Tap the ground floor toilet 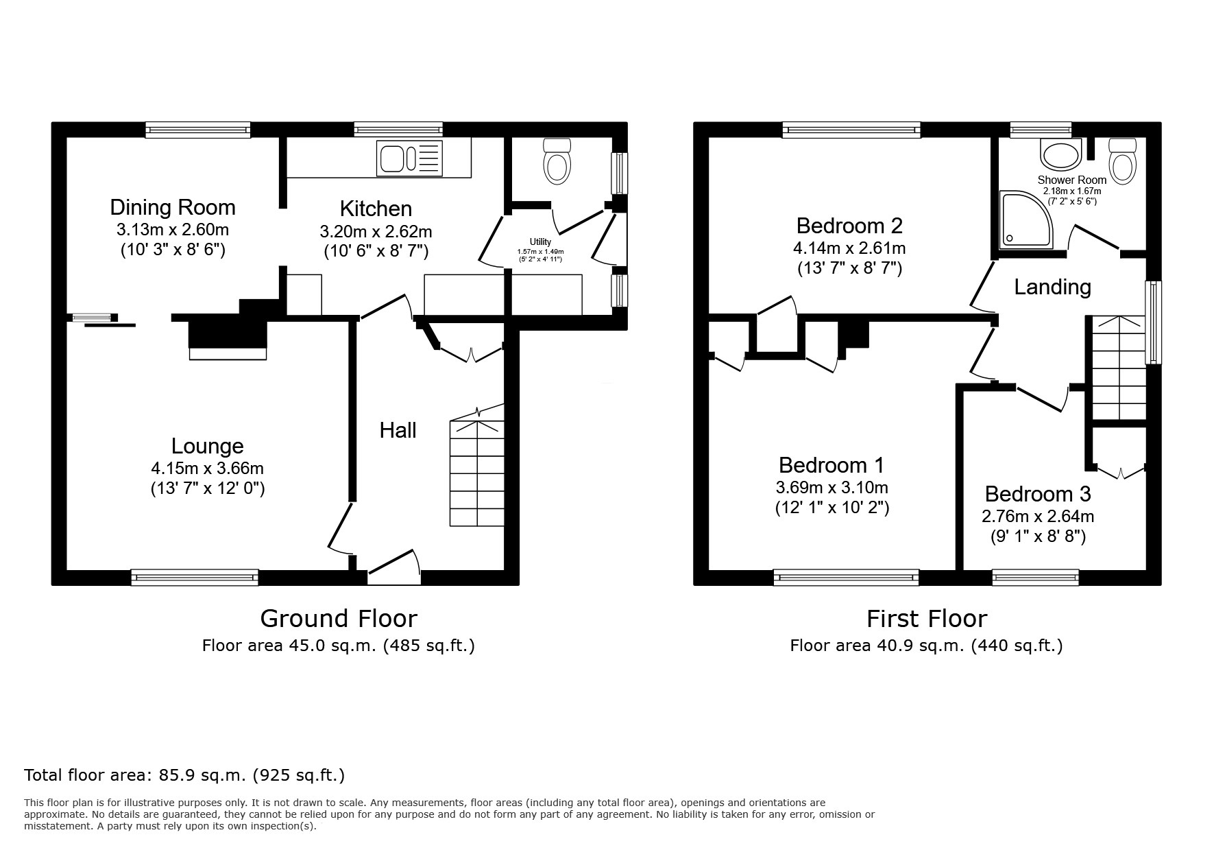557,161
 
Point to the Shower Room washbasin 1061,154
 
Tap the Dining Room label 173,207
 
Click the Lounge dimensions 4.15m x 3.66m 208,469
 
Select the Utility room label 540,241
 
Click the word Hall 398,430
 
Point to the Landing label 1053,287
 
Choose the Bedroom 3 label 1038,494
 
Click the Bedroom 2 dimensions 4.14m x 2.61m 849,248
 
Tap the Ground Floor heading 339,619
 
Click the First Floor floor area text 927,646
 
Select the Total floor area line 184,775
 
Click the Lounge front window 195,578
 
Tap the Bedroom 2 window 851,130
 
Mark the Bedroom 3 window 1036,578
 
